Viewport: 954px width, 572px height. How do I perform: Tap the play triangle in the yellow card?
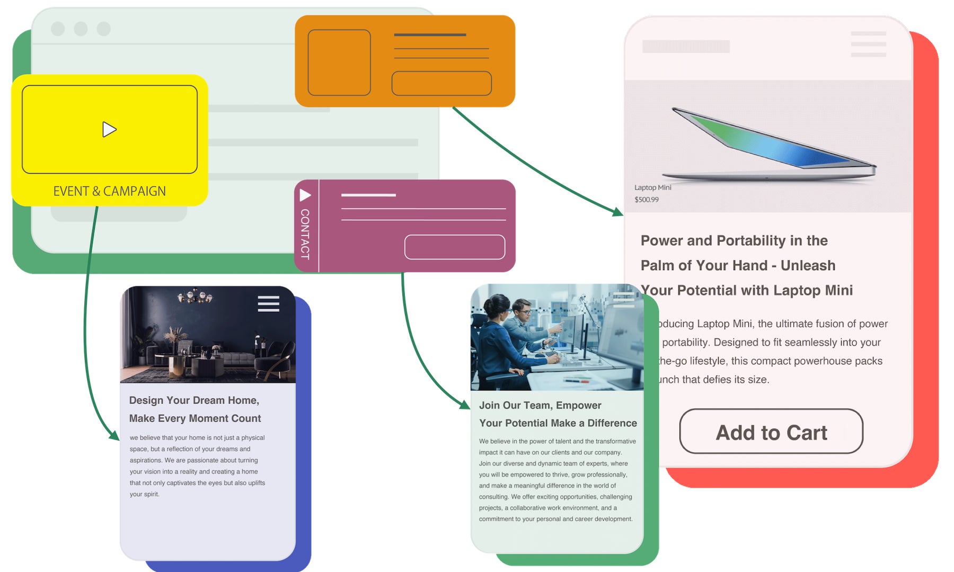point(109,129)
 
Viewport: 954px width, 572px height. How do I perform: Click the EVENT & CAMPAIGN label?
point(109,191)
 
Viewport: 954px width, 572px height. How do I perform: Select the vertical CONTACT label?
point(305,234)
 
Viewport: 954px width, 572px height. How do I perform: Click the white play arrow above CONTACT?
point(305,195)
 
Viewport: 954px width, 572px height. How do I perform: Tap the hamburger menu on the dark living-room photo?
point(268,303)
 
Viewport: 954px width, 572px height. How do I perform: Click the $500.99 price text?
point(647,200)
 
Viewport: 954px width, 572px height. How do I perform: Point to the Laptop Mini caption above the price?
point(653,187)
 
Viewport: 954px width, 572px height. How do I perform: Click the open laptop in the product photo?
point(768,146)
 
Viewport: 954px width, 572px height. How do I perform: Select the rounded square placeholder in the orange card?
point(339,62)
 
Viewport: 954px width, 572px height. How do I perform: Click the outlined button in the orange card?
point(441,83)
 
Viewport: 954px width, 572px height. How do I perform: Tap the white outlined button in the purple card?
point(455,247)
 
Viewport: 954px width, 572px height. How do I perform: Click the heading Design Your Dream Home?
point(194,400)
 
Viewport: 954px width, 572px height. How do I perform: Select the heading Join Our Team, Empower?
point(540,405)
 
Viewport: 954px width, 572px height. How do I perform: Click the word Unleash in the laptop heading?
point(808,265)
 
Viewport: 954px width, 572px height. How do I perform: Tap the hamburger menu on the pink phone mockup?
point(868,44)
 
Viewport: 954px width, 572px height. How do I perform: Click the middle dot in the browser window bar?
point(81,29)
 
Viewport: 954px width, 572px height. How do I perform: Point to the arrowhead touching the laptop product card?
point(618,212)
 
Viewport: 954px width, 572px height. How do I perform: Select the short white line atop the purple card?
point(368,195)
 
